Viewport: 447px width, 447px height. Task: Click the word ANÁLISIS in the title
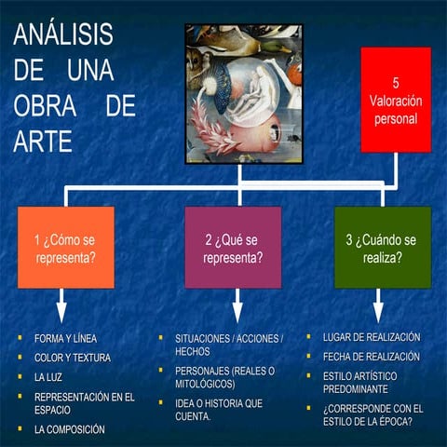pyautogui.click(x=62, y=34)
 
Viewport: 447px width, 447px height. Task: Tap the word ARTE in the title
pyautogui.click(x=43, y=140)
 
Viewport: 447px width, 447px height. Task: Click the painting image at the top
pyautogui.click(x=240, y=92)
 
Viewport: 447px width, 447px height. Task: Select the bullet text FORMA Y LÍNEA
pyautogui.click(x=65, y=337)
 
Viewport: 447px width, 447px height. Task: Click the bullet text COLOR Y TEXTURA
pyautogui.click(x=72, y=357)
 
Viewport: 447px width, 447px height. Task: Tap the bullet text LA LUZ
pyautogui.click(x=50, y=377)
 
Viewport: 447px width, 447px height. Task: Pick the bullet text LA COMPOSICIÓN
pyautogui.click(x=69, y=429)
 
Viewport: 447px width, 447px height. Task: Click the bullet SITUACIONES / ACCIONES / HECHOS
pyautogui.click(x=229, y=345)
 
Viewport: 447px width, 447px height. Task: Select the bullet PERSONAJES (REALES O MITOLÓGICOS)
pyautogui.click(x=224, y=377)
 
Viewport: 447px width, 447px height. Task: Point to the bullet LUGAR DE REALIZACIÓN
pyautogui.click(x=372, y=336)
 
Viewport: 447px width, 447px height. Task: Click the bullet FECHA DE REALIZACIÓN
pyautogui.click(x=371, y=357)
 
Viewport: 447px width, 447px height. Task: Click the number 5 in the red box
pyautogui.click(x=396, y=82)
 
